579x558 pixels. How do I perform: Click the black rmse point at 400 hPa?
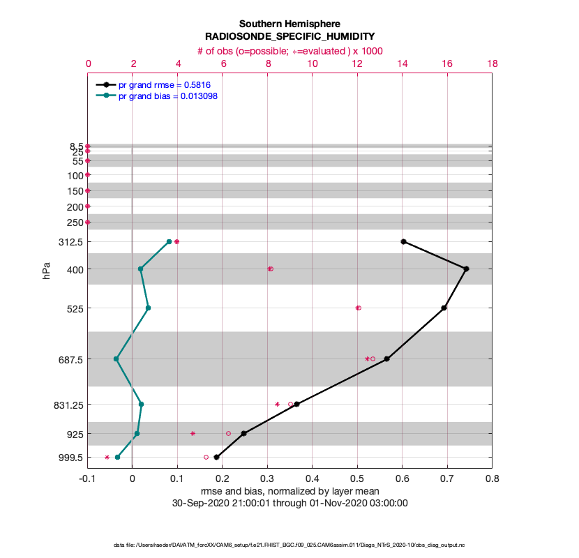tap(466, 269)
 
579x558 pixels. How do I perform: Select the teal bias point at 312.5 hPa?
tap(169, 241)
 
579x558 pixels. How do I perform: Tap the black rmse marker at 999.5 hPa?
tap(217, 457)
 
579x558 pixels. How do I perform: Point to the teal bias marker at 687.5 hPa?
tap(116, 359)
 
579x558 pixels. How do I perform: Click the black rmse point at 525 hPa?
tap(444, 308)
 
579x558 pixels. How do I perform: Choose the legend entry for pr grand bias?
tap(168, 96)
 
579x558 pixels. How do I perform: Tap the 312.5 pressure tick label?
tap(71, 242)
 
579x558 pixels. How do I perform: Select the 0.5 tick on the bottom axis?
tap(357, 478)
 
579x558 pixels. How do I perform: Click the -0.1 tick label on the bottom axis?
tap(88, 478)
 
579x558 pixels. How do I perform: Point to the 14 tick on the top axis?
tap(403, 63)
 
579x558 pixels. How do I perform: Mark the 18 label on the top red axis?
tap(492, 63)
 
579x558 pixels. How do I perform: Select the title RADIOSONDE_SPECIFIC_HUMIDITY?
tap(289, 37)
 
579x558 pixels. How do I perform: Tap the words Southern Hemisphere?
tap(289, 24)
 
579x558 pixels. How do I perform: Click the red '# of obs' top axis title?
tap(289, 50)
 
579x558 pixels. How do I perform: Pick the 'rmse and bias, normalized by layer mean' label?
tap(289, 491)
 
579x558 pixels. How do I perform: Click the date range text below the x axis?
tap(289, 502)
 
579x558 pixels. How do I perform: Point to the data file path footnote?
tap(289, 544)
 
